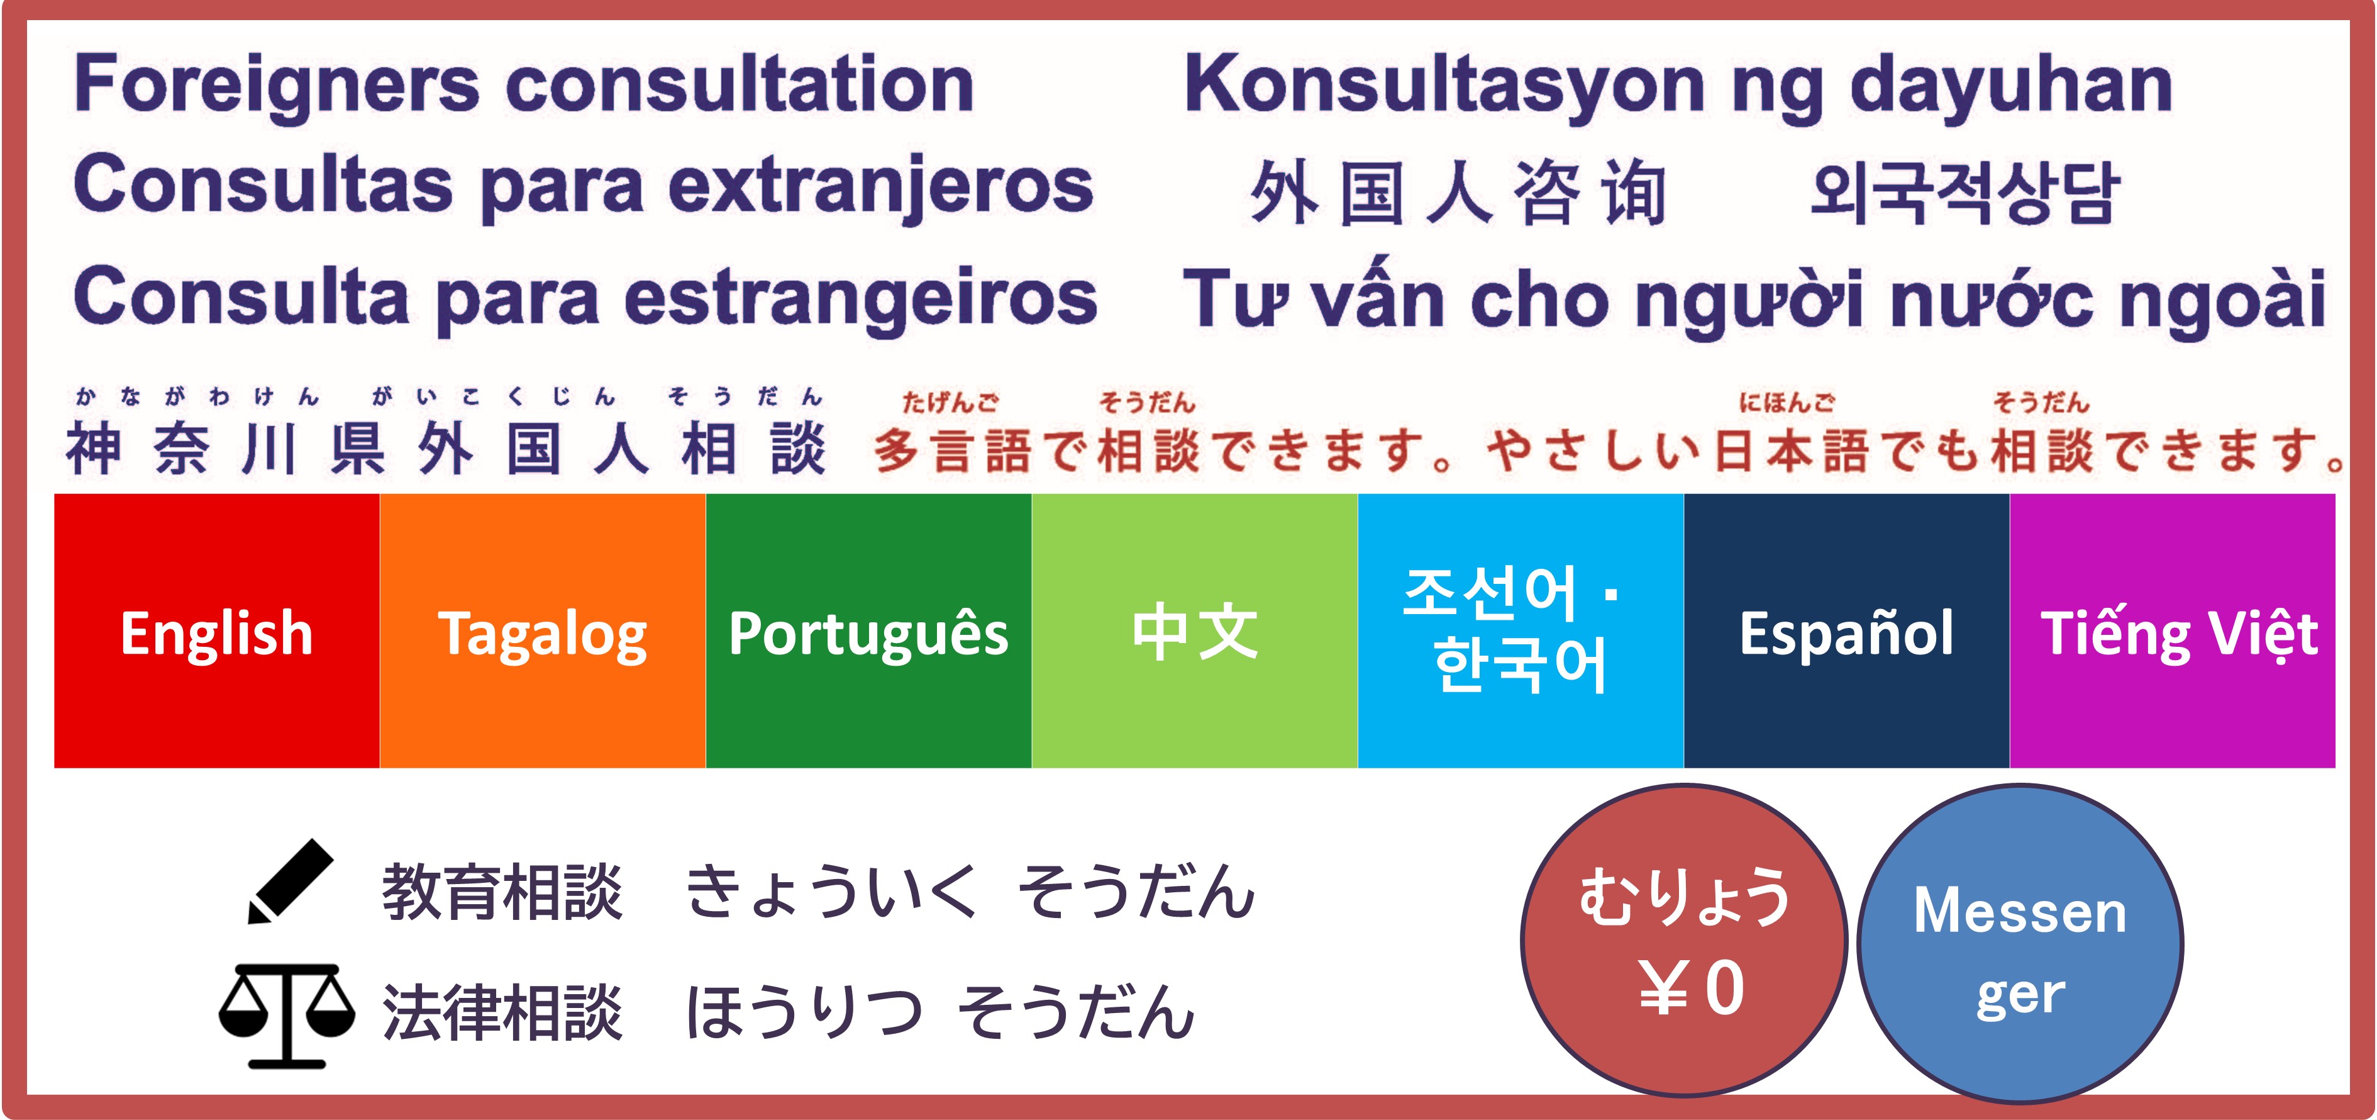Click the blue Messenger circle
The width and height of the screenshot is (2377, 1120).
[x=2020, y=944]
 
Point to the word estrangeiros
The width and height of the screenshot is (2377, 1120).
[x=861, y=299]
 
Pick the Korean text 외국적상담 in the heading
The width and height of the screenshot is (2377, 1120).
[x=1964, y=193]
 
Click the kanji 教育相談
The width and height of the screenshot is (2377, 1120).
[x=503, y=892]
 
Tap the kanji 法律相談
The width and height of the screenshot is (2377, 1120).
[x=503, y=1011]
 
